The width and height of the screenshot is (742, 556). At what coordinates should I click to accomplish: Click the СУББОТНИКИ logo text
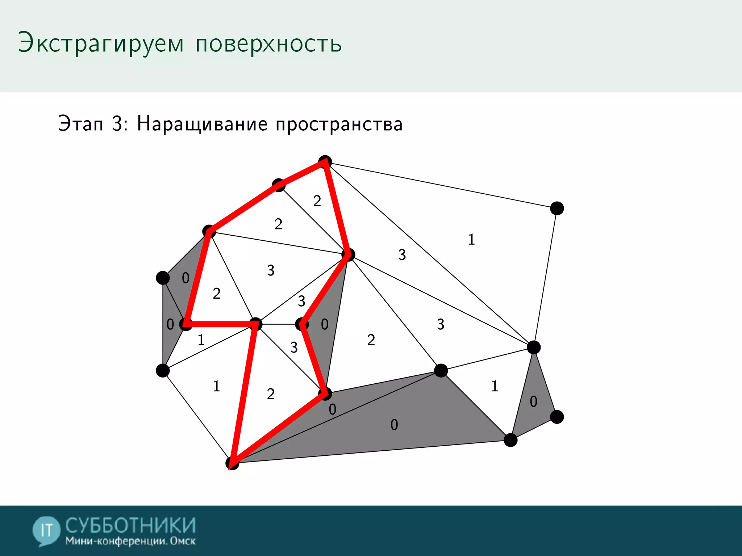pos(130,525)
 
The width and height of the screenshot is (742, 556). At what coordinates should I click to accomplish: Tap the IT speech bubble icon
pos(46,531)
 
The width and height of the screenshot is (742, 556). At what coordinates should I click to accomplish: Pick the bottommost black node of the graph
pos(232,463)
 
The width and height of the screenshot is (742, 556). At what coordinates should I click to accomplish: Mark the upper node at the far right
pos(557,208)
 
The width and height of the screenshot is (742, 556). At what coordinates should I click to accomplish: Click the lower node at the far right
pos(557,417)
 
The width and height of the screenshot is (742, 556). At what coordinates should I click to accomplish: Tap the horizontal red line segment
pos(221,324)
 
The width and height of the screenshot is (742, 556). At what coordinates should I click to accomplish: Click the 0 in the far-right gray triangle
pos(533,402)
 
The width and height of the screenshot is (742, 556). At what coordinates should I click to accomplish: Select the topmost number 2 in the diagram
pos(317,201)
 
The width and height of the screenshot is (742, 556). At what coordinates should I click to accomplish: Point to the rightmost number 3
pos(441,324)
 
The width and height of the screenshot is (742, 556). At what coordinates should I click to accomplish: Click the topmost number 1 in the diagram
pos(471,240)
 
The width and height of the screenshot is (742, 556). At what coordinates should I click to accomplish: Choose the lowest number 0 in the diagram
pos(394,425)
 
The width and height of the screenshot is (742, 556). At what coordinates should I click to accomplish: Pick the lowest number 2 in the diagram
pos(271,394)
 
